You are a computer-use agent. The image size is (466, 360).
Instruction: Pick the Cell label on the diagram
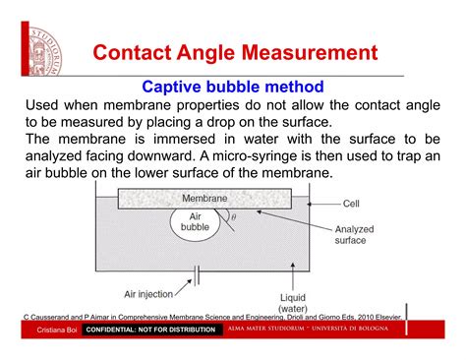[351, 205]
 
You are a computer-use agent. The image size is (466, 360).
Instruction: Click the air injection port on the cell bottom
[196, 269]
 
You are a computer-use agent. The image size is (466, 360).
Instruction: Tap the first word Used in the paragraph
[45, 105]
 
